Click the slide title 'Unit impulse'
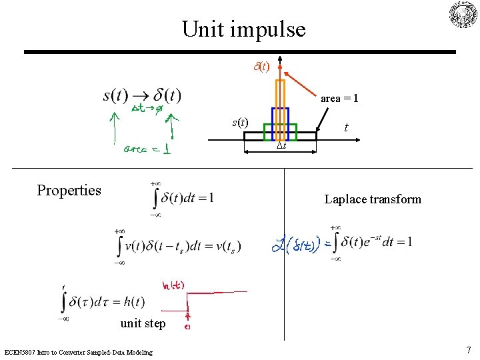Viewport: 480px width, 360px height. click(243, 29)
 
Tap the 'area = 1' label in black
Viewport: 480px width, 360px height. click(339, 99)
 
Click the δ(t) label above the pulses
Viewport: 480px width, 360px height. click(261, 67)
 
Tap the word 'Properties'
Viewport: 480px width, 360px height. click(69, 191)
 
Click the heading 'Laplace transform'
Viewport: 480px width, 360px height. click(373, 199)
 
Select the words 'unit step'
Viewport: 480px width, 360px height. click(143, 324)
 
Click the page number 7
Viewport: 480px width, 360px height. click(469, 350)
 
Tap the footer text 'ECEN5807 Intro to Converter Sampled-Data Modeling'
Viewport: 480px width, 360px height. click(78, 352)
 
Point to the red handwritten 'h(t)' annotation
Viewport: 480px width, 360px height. click(173, 286)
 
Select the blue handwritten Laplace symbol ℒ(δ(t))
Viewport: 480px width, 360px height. click(297, 245)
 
